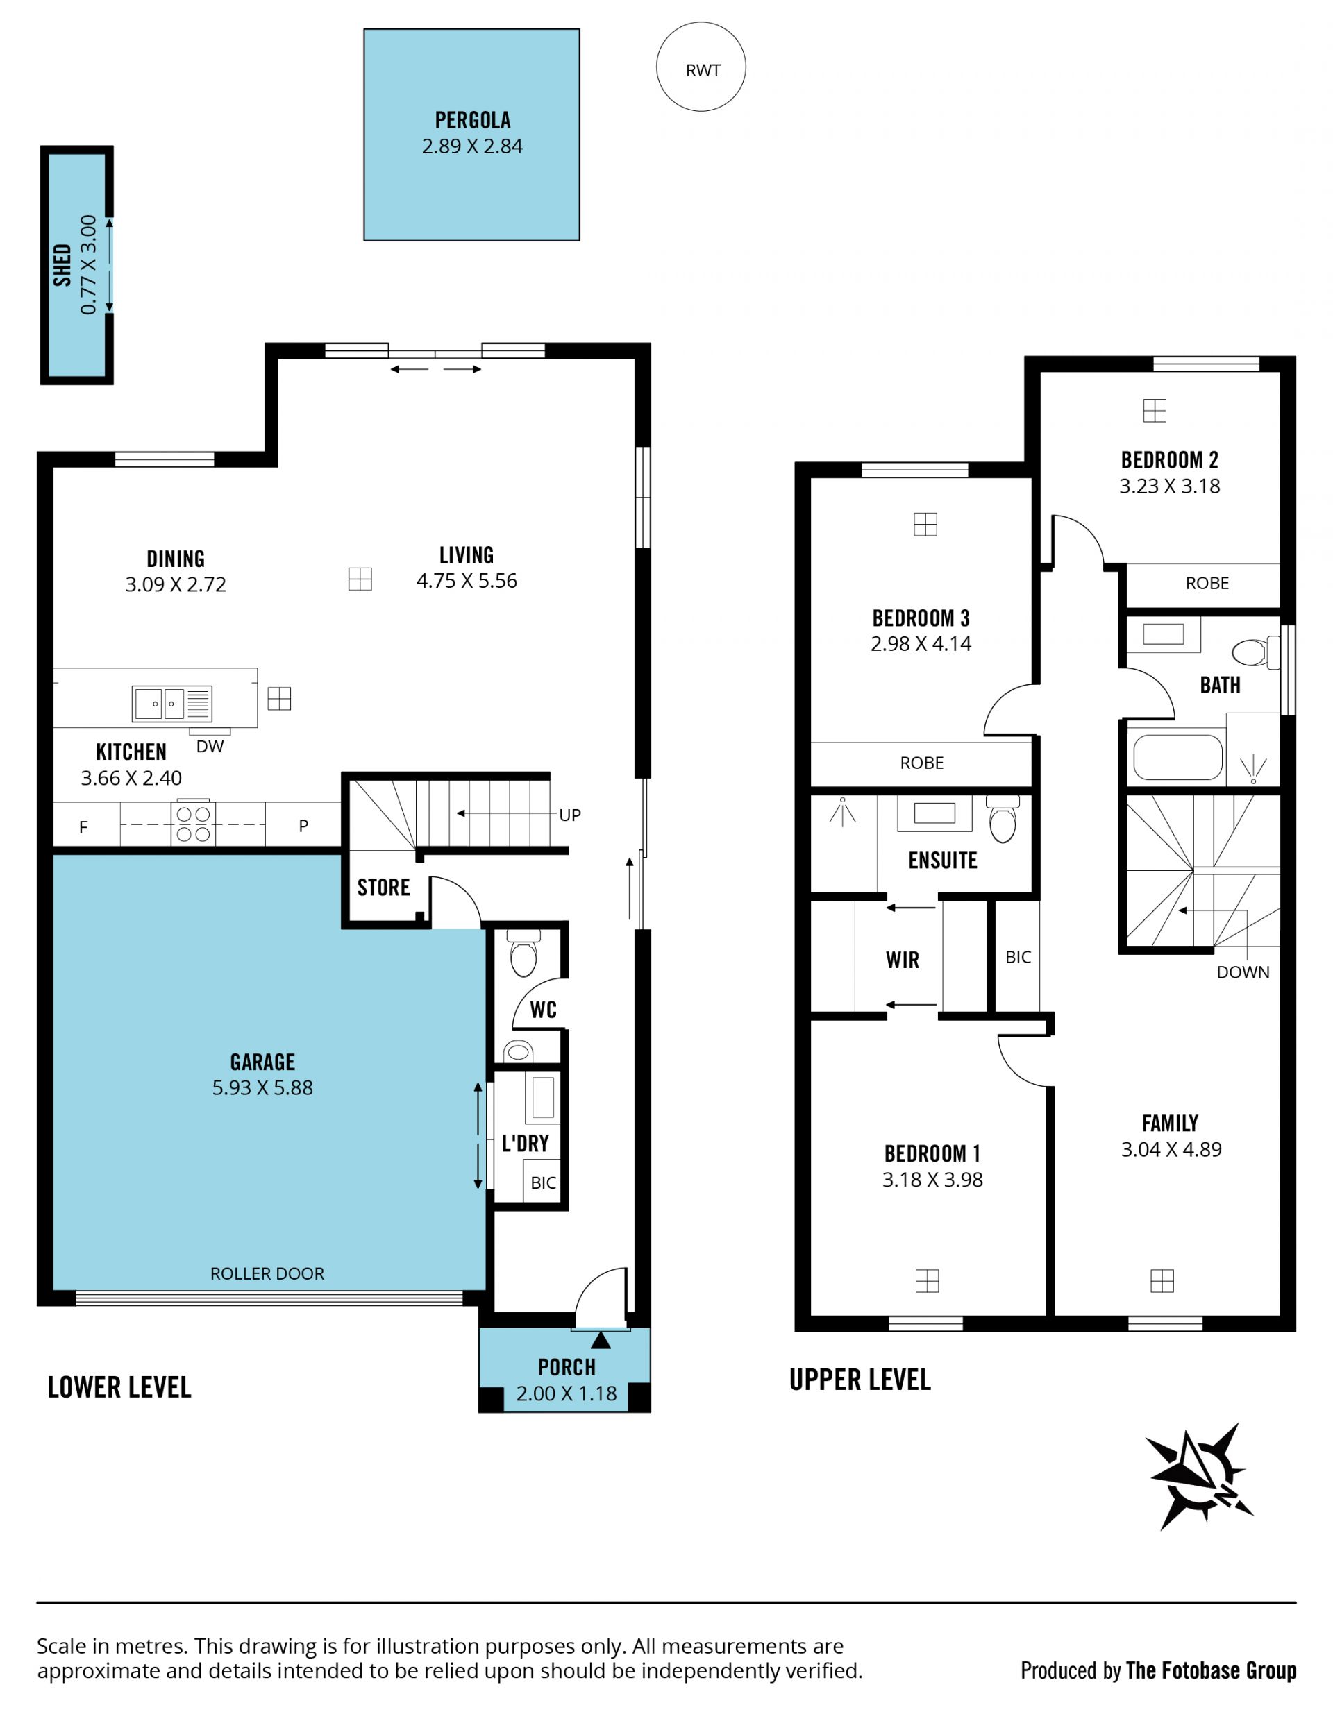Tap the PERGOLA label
click(472, 121)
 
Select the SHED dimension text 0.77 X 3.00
click(88, 265)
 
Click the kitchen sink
click(172, 704)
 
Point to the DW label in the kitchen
click(210, 746)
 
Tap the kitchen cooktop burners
click(193, 824)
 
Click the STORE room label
click(383, 888)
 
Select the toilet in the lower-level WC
click(523, 953)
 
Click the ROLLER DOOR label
click(267, 1273)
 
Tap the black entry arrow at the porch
click(601, 1339)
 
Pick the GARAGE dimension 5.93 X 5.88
click(262, 1087)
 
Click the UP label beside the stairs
click(570, 815)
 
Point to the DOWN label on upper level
click(1243, 972)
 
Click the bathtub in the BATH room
click(1177, 757)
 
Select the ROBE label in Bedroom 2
click(1207, 583)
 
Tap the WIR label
click(902, 960)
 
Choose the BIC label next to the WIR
click(1018, 957)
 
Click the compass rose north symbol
click(1199, 1477)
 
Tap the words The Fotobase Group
click(1211, 1670)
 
